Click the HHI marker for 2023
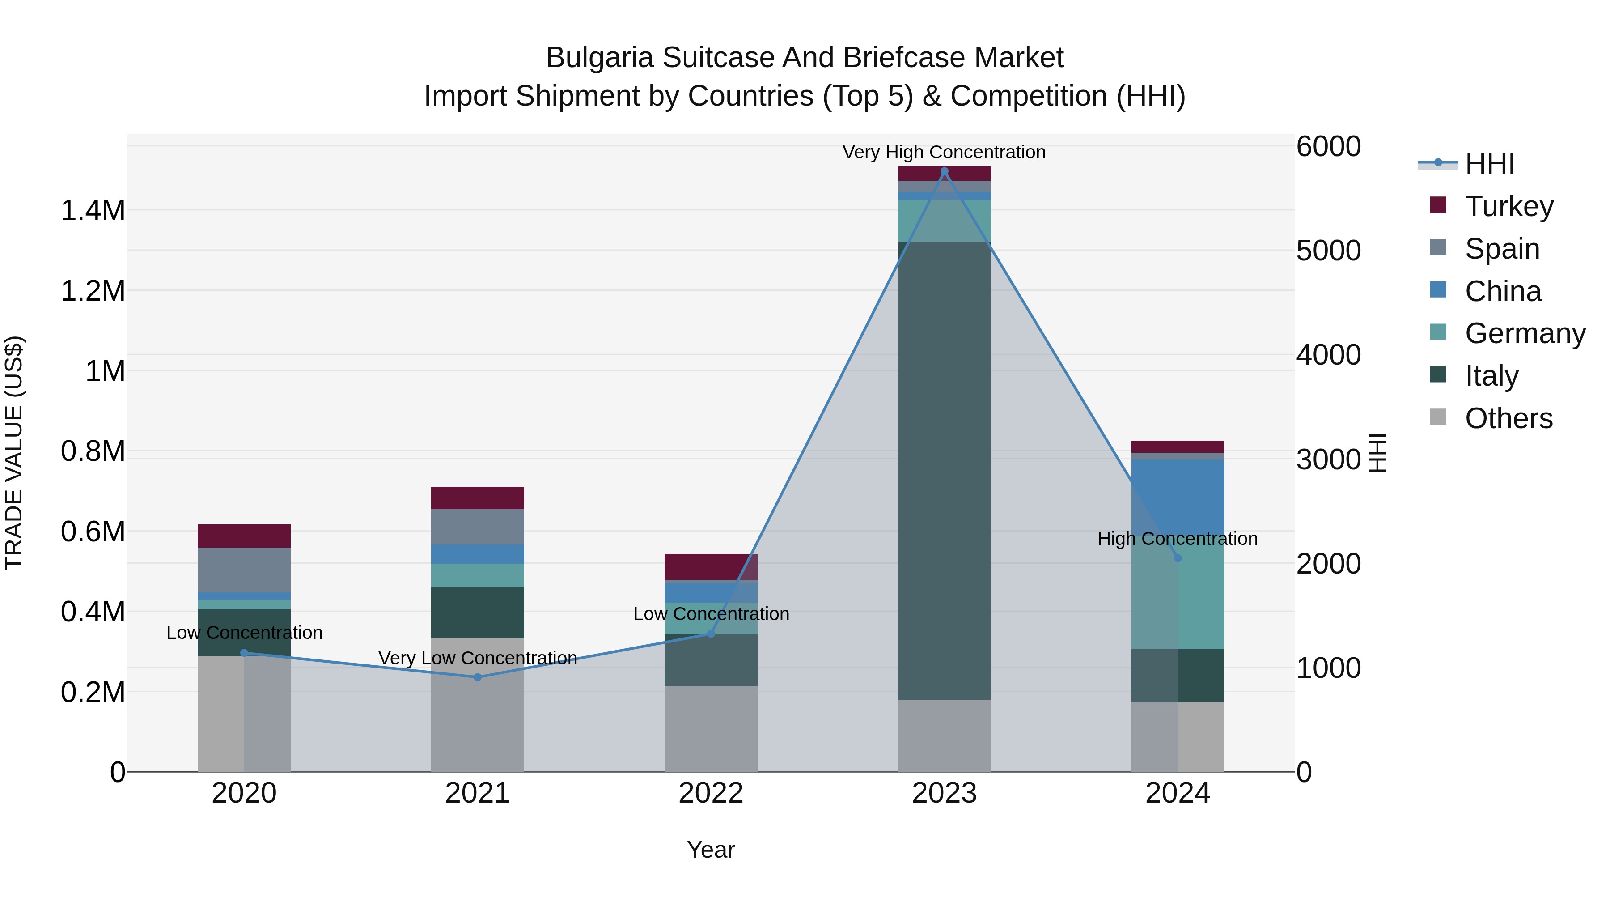coord(945,171)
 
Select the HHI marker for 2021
coord(478,677)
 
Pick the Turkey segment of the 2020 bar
coord(244,536)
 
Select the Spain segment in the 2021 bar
coord(478,527)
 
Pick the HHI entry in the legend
coord(1489,164)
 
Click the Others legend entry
coord(1508,418)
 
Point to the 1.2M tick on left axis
coord(93,291)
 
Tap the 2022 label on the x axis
coord(711,793)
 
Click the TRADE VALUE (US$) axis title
coord(14,453)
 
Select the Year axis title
coord(711,850)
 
